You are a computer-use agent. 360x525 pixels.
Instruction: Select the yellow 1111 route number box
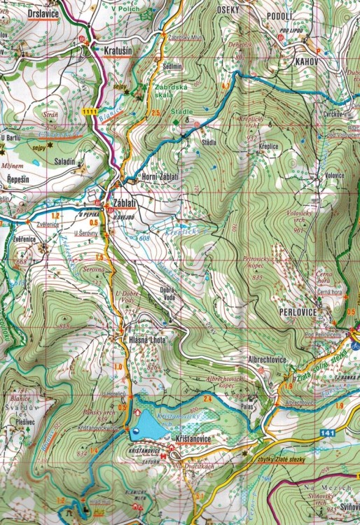point(89,111)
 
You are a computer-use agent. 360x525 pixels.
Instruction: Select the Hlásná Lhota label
point(147,339)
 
